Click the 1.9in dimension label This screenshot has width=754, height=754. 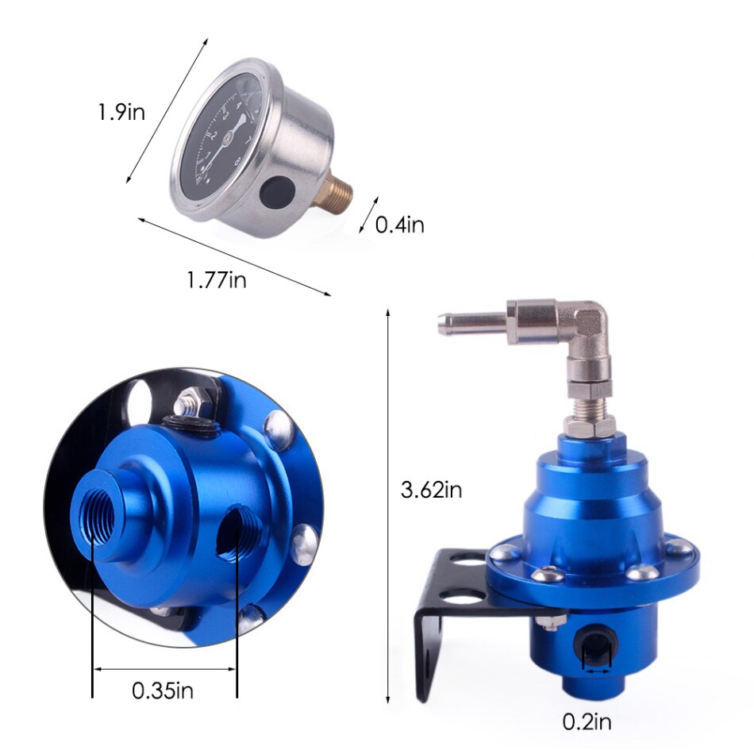[x=121, y=112]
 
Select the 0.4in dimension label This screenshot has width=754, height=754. [x=399, y=225]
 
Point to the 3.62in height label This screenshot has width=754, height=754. [x=431, y=490]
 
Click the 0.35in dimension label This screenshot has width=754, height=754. [x=163, y=690]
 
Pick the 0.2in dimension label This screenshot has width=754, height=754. [x=587, y=721]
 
